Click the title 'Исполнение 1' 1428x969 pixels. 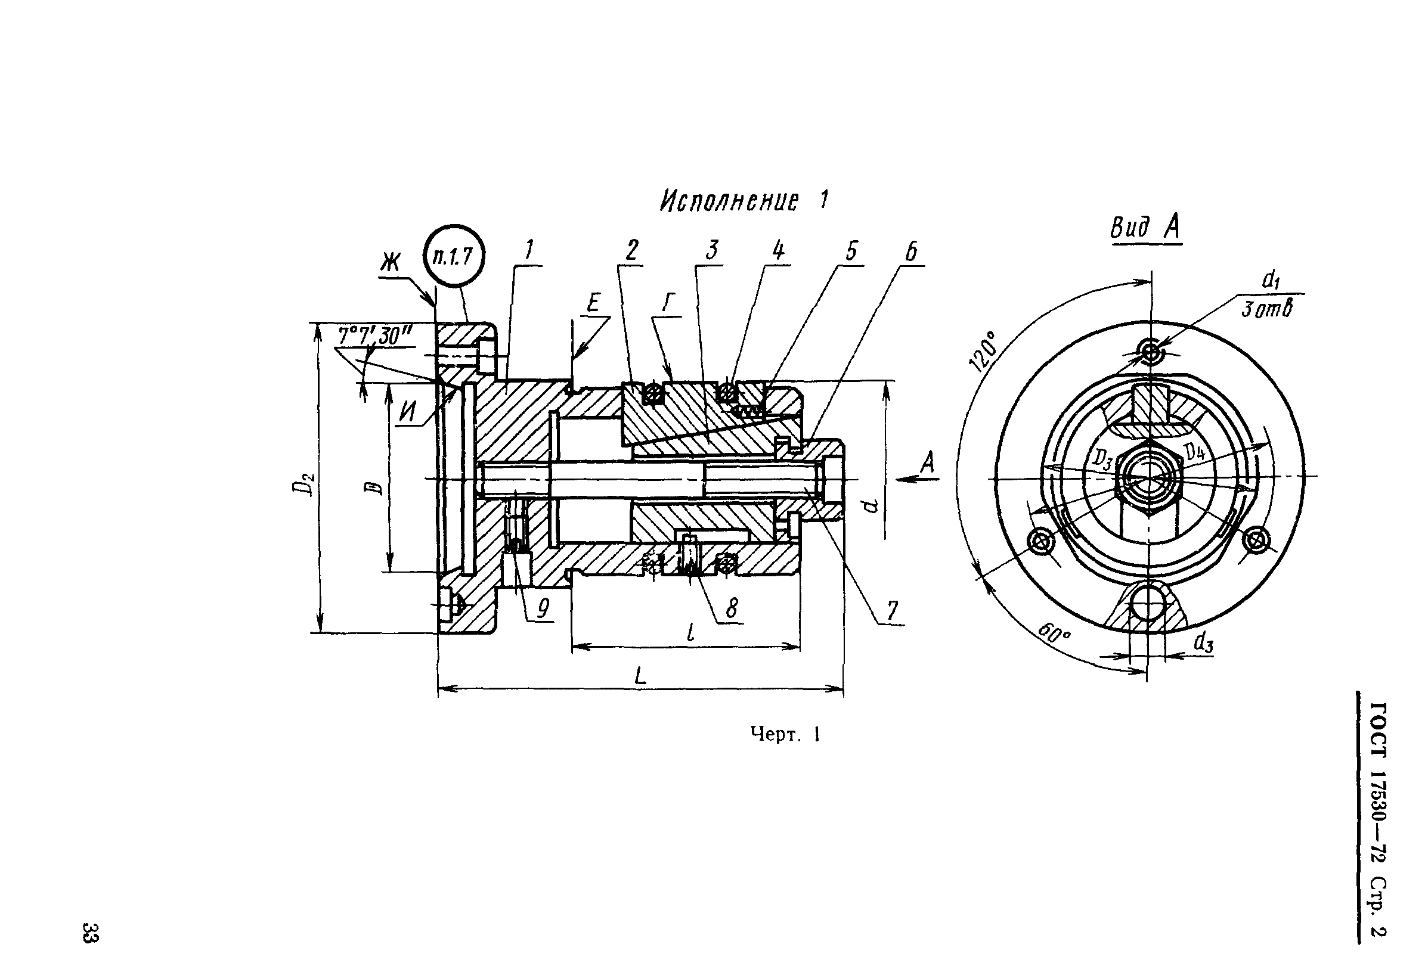point(744,200)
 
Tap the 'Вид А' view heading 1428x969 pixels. point(1145,228)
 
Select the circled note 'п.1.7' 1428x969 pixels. point(454,256)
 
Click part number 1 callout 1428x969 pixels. point(529,250)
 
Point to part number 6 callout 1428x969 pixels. point(912,251)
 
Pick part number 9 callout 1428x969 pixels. point(543,608)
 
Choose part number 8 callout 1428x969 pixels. point(731,608)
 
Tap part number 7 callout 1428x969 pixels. point(893,610)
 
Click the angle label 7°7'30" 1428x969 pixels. point(375,336)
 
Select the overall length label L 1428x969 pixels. point(641,676)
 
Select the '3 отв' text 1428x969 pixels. point(1266,309)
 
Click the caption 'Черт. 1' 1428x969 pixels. point(785,734)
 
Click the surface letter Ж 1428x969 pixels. point(389,263)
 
